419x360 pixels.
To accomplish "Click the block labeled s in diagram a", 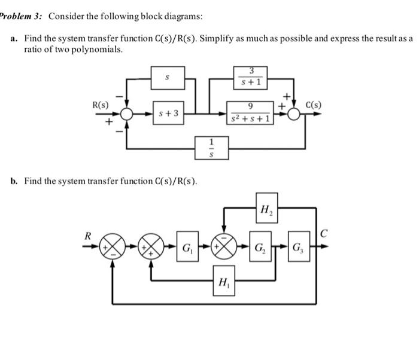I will [168, 78].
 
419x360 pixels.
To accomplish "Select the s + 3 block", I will [168, 112].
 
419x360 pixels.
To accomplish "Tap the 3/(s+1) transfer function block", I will [251, 77].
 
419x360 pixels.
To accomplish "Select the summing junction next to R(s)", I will [126, 114].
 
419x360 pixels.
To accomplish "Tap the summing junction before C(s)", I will [294, 114].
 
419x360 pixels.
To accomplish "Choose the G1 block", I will [187, 246].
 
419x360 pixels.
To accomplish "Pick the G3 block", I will [299, 246].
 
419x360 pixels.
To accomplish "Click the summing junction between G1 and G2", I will [224, 246].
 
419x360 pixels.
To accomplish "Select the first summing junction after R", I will [113, 246].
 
